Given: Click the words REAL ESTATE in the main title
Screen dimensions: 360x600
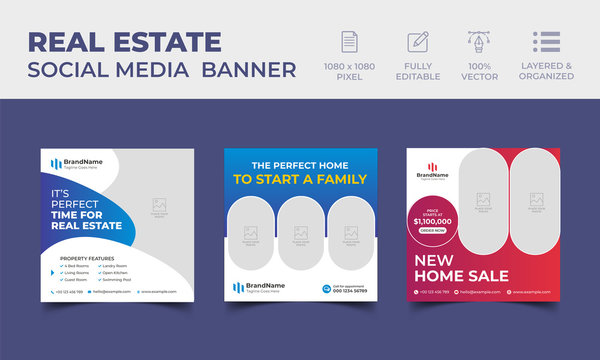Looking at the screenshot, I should [x=125, y=41].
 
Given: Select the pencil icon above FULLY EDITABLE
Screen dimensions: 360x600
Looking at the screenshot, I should [x=417, y=42].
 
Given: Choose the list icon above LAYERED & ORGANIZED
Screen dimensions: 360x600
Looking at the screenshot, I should [x=546, y=42].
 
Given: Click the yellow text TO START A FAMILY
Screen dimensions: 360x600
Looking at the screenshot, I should [x=299, y=180].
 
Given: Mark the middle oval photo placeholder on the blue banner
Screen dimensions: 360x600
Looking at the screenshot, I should [x=300, y=233].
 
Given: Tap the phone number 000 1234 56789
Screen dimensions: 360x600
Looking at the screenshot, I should [x=350, y=291].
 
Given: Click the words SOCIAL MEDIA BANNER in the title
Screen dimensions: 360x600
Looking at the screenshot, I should [x=162, y=70].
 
